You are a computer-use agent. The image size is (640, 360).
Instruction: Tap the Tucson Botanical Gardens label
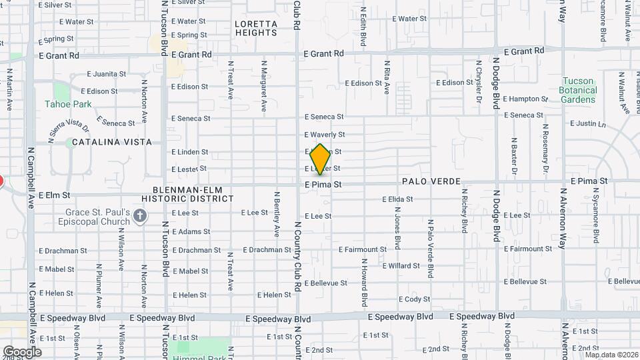click(x=577, y=90)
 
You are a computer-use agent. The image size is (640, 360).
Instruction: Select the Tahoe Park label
click(x=68, y=104)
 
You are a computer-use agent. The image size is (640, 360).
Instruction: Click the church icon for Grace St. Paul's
click(x=139, y=215)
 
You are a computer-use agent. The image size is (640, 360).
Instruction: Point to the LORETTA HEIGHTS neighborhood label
click(x=256, y=27)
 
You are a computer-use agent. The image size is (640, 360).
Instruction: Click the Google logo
click(x=22, y=351)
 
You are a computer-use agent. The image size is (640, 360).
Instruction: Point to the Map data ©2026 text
click(x=611, y=355)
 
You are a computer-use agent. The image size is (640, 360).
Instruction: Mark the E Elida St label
click(x=397, y=199)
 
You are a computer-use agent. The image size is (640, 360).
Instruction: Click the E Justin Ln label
click(x=588, y=123)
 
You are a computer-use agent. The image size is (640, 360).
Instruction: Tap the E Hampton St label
click(x=526, y=99)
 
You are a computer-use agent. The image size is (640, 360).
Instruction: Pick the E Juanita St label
click(x=106, y=74)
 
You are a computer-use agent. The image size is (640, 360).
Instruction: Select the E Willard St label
click(x=401, y=265)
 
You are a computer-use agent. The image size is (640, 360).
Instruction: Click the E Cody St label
click(x=414, y=299)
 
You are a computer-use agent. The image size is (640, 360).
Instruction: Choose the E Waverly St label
click(x=324, y=135)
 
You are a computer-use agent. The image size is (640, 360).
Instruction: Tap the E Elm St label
click(x=54, y=195)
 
